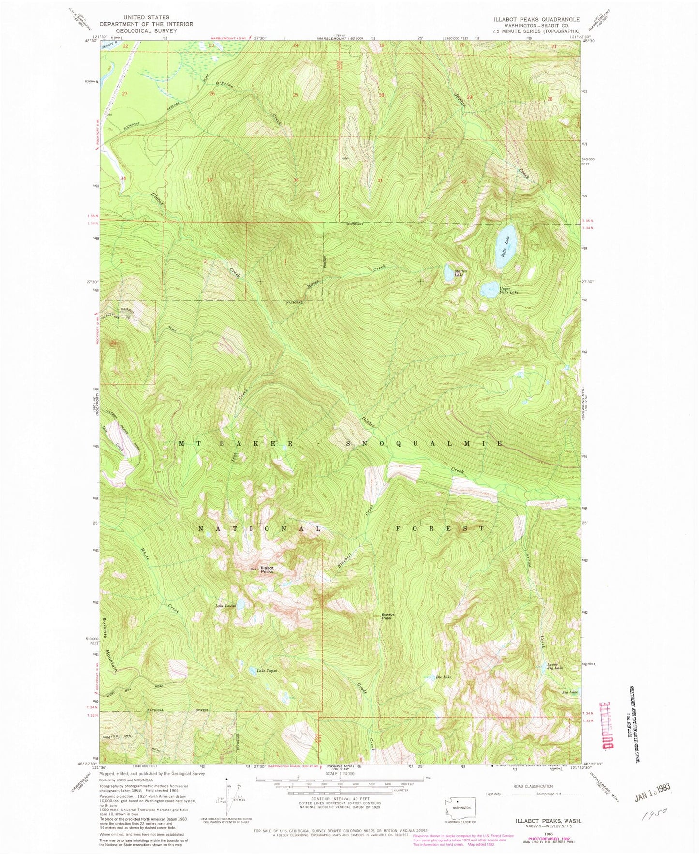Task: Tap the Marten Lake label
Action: (461, 273)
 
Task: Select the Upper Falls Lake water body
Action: (490, 290)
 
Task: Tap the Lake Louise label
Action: (225, 606)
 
